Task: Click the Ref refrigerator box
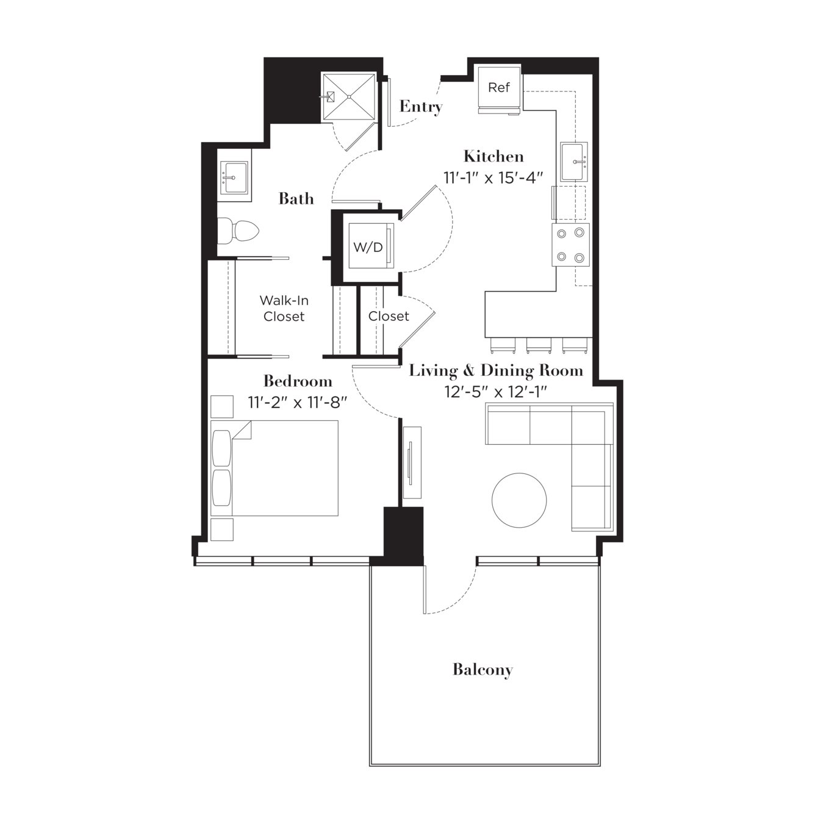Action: click(499, 89)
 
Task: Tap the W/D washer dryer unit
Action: click(371, 246)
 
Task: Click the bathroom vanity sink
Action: click(234, 178)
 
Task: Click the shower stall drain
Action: click(349, 97)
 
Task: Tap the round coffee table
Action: click(519, 500)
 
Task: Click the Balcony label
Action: click(483, 670)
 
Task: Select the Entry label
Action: click(421, 107)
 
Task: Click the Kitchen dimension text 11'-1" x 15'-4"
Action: click(493, 178)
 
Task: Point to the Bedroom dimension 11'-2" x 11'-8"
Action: click(297, 403)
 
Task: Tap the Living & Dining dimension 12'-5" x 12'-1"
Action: click(496, 392)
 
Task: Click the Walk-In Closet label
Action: click(284, 308)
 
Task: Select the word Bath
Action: click(296, 199)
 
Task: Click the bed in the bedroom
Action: click(275, 468)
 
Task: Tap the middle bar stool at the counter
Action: click(539, 345)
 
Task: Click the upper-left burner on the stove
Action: click(562, 234)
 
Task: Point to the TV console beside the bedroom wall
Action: click(412, 462)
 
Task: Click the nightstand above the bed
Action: click(222, 406)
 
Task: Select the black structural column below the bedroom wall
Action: click(403, 536)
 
